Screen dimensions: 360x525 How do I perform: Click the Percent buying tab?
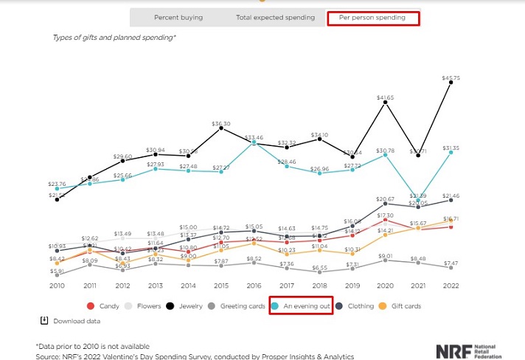click(178, 18)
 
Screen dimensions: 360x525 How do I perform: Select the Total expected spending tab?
click(275, 18)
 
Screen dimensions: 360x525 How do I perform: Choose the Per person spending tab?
click(372, 18)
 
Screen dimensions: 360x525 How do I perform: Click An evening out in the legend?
click(301, 305)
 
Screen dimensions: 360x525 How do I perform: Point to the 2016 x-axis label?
click(254, 285)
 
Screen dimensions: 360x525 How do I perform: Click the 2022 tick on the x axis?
click(450, 285)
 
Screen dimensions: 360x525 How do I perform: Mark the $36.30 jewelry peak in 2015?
click(221, 130)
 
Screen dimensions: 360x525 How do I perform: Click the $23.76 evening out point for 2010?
click(57, 188)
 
